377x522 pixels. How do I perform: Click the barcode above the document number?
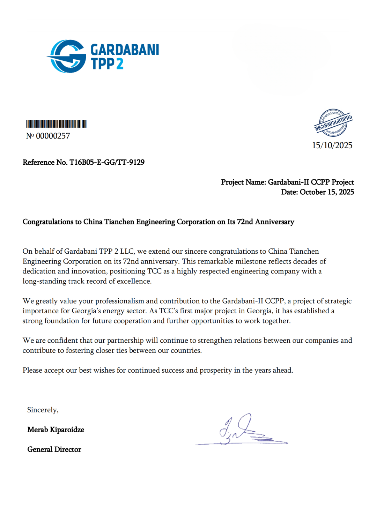coord(56,124)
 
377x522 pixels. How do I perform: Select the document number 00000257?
coord(53,136)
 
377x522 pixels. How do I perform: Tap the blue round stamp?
coord(333,123)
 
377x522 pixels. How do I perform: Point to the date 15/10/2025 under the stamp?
coord(332,146)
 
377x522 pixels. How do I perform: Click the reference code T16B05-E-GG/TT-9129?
coord(107,162)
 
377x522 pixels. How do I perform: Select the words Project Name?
coord(243,182)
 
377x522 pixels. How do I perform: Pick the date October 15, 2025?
coord(327,192)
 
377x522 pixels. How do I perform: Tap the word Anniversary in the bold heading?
coord(274,222)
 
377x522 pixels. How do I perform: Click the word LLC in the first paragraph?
coord(127,252)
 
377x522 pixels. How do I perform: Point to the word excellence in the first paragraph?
coord(134,281)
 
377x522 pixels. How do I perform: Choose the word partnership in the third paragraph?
coord(125,341)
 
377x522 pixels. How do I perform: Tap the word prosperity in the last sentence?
coord(215,370)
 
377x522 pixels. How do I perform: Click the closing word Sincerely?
coord(43,410)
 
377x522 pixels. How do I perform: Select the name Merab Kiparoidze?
coord(56,430)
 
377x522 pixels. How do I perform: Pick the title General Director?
coord(54,450)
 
